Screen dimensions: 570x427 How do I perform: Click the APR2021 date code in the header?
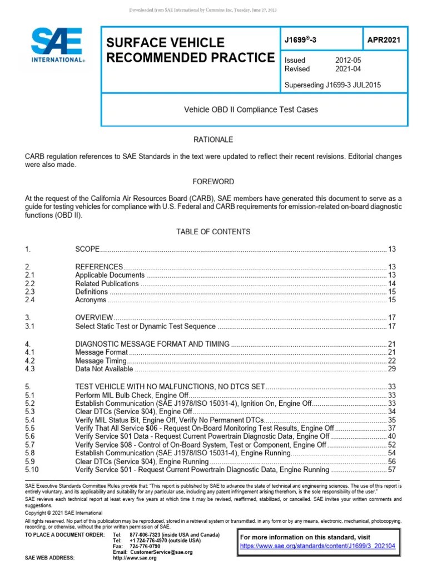pyautogui.click(x=384, y=40)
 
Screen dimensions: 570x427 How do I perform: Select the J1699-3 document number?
pyautogui.click(x=300, y=40)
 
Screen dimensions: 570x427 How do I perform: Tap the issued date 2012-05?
pyautogui.click(x=349, y=60)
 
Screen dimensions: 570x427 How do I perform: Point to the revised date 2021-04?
pyautogui.click(x=349, y=69)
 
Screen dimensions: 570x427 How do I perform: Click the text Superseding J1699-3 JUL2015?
pyautogui.click(x=332, y=85)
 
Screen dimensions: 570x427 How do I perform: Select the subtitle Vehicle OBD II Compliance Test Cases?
pyautogui.click(x=251, y=110)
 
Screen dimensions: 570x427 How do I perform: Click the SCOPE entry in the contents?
pyautogui.click(x=87, y=249)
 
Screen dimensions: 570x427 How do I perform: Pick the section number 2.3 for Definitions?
pyautogui.click(x=31, y=292)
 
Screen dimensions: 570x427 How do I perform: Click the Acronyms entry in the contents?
pyautogui.click(x=91, y=300)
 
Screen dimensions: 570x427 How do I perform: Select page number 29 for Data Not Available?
pyautogui.click(x=391, y=368)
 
